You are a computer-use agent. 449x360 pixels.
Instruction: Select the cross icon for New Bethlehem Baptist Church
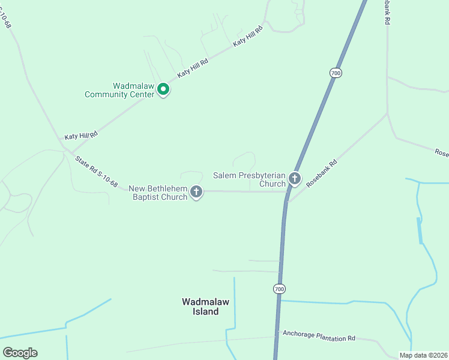[196, 192]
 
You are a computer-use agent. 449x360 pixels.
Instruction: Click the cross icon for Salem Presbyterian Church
[294, 178]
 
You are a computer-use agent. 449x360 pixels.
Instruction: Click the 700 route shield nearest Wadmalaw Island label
[279, 289]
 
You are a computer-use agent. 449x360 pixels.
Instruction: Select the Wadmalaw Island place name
[205, 307]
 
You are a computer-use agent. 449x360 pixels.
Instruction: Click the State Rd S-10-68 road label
[96, 172]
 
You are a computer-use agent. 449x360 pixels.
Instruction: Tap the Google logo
[20, 353]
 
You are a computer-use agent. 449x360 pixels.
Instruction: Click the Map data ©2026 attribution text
[423, 355]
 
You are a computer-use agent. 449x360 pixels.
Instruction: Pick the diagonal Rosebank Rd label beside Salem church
[322, 173]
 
